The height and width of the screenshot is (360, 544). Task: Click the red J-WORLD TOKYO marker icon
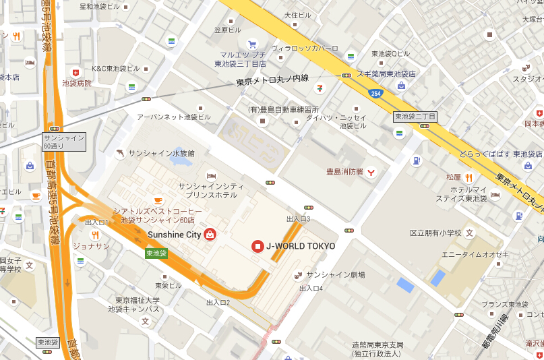(x=257, y=247)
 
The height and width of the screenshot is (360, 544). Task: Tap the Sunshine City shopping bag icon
(x=210, y=235)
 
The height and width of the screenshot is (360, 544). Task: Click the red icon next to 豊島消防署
(x=371, y=172)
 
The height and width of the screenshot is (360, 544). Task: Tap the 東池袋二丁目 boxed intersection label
(x=415, y=117)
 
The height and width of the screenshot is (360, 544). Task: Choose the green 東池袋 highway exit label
(x=156, y=253)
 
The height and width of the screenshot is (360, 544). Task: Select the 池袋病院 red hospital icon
(x=75, y=72)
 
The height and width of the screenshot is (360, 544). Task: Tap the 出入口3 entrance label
(x=298, y=219)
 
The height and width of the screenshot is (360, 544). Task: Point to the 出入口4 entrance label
(x=311, y=288)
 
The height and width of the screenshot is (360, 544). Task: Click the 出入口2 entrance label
(x=218, y=302)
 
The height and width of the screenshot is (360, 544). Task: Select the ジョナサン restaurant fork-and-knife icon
(x=95, y=235)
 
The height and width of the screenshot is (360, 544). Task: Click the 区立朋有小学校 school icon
(x=470, y=233)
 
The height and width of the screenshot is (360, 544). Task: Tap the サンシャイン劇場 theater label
(x=335, y=275)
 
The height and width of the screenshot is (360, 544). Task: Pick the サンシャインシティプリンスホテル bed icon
(x=212, y=175)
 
